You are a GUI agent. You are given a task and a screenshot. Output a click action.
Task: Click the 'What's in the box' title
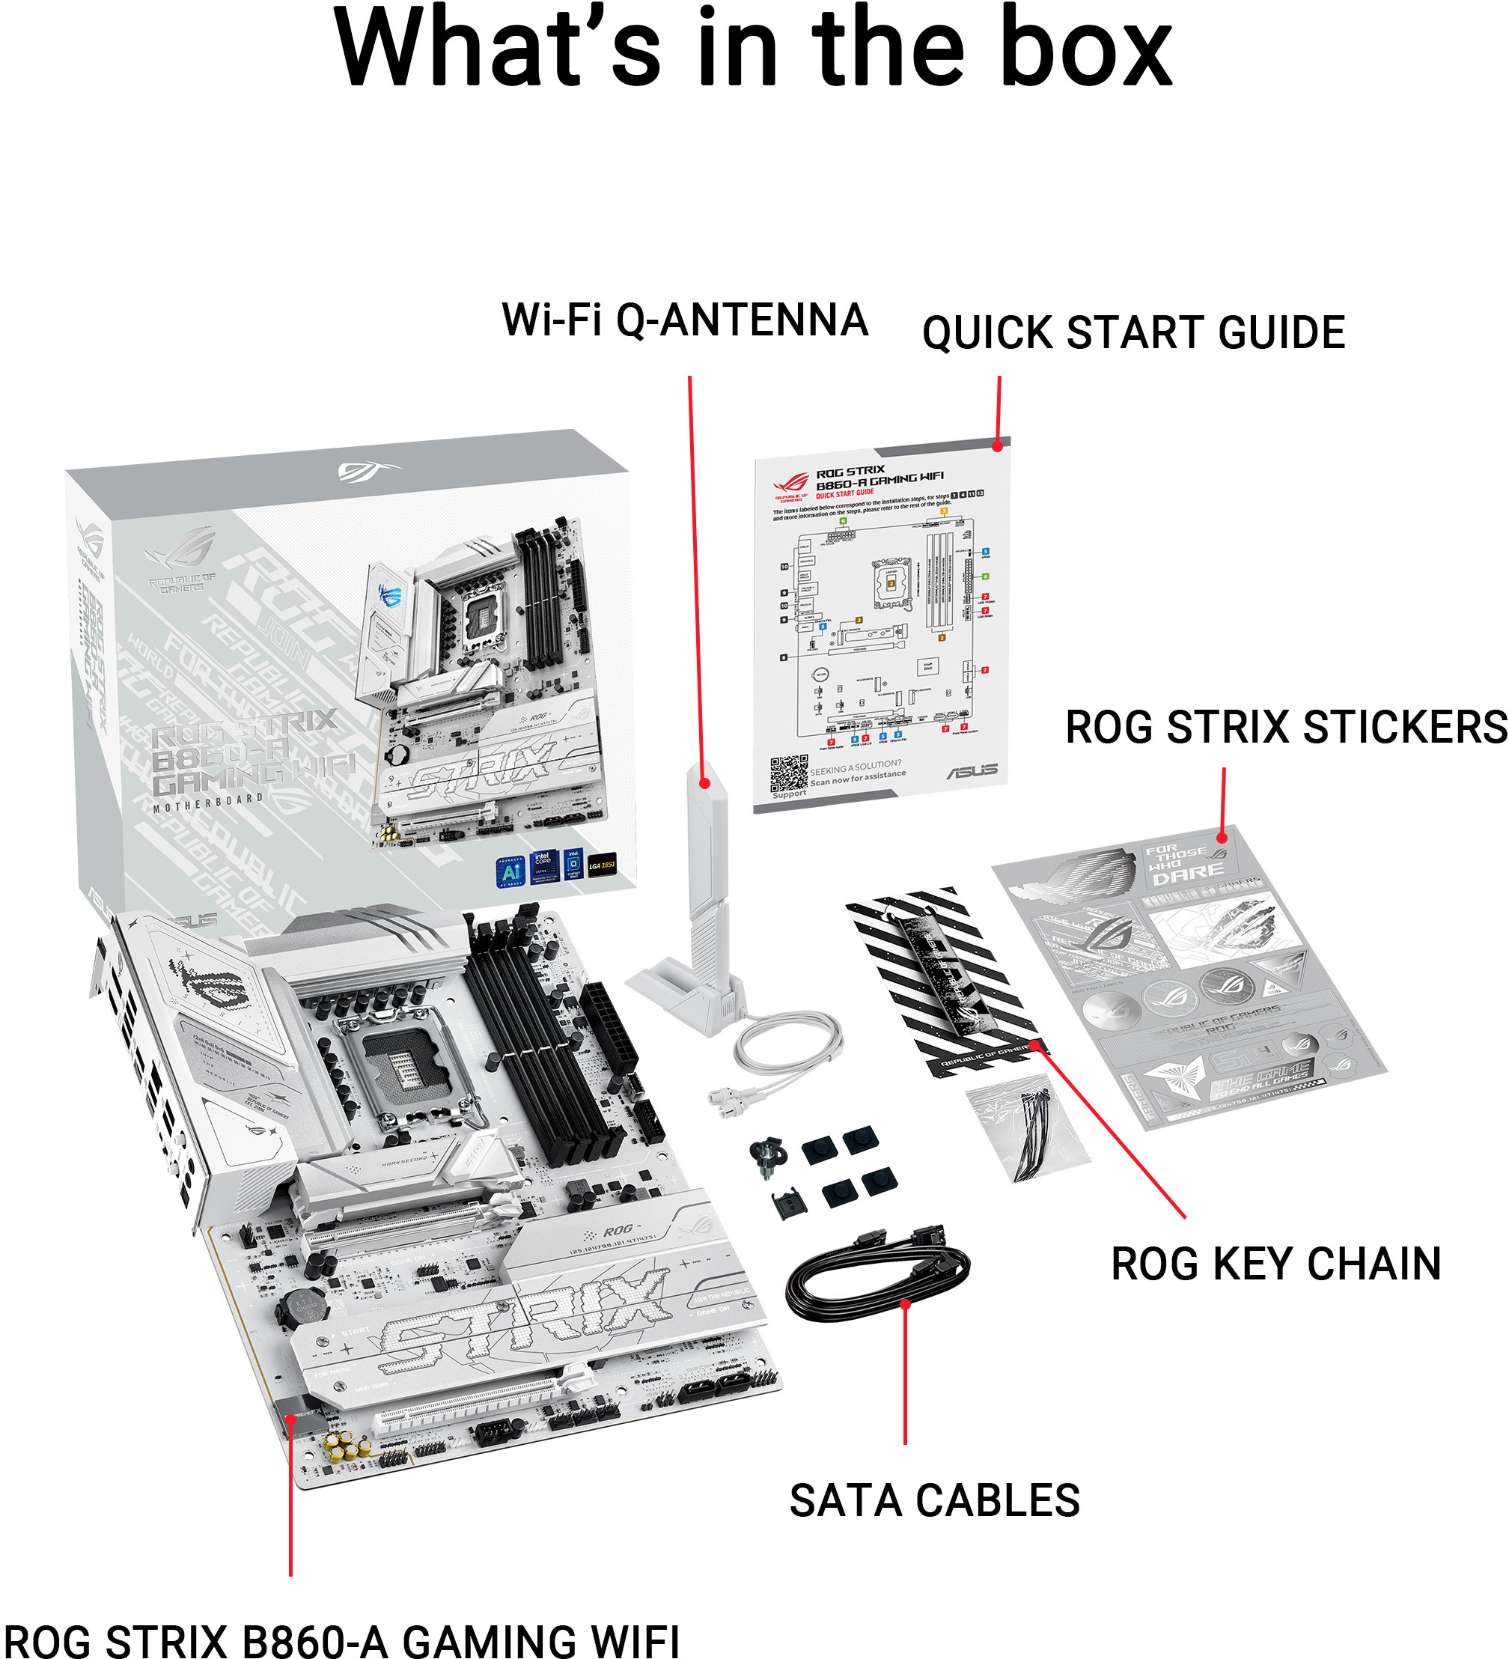point(753,49)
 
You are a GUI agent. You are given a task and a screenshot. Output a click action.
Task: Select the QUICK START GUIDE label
point(1133,332)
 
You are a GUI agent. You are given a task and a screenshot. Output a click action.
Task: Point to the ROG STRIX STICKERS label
point(1285,728)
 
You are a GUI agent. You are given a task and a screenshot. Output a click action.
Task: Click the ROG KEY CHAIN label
point(1275,1264)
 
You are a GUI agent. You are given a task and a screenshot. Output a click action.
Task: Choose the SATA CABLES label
point(934,1500)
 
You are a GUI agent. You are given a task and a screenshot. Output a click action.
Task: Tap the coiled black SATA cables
point(877,1275)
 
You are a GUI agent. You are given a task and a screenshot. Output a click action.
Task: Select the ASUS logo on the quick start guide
point(972,771)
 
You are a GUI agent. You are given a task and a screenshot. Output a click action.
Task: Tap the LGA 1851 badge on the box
point(602,865)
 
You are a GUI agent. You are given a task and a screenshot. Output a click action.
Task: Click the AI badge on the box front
point(511,871)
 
